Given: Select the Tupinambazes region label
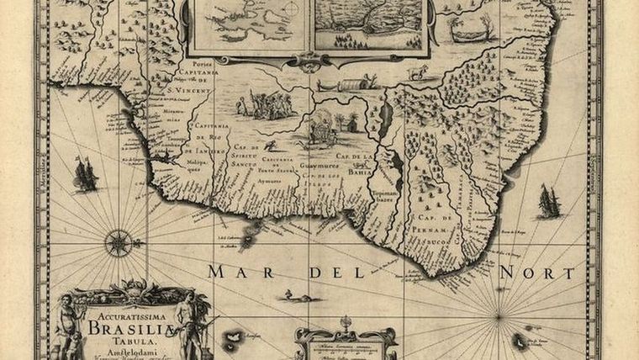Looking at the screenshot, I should coord(383,196).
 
